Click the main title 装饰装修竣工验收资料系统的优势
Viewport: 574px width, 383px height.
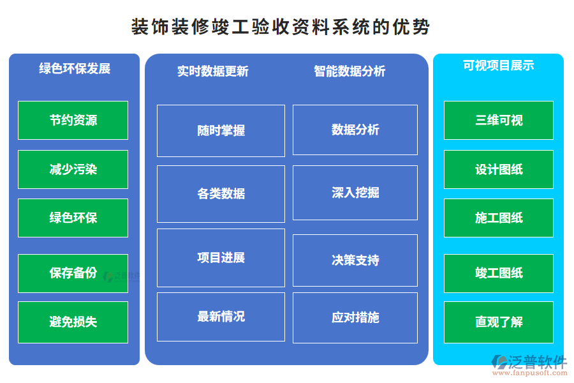[x=281, y=27]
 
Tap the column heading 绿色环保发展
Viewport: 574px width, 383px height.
[x=75, y=68]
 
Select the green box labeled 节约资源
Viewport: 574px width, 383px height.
[x=73, y=120]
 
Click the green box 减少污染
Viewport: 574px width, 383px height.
[x=73, y=169]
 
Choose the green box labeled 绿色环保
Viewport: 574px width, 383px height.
[x=73, y=218]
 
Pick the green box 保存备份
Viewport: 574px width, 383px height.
[x=73, y=273]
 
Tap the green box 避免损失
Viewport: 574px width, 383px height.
[x=73, y=322]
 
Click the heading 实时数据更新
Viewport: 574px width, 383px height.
[x=212, y=71]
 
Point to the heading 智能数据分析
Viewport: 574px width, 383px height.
[x=350, y=71]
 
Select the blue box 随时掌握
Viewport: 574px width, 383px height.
[x=221, y=131]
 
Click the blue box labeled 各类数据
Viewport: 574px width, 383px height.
[x=221, y=194]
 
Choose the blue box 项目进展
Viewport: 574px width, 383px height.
[x=221, y=258]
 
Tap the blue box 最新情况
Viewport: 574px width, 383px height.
[x=221, y=317]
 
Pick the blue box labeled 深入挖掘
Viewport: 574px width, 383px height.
[x=355, y=193]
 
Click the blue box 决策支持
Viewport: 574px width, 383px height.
[x=355, y=260]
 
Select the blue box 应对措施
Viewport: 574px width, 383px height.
[x=355, y=317]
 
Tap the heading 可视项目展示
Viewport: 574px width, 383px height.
[x=499, y=65]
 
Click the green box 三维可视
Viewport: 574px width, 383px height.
[x=499, y=120]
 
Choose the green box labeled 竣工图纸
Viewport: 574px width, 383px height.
[x=499, y=273]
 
